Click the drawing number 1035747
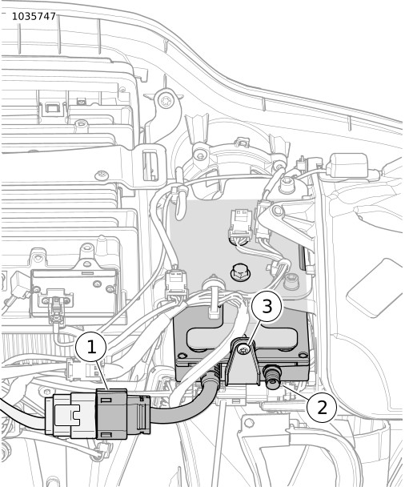pos(34,16)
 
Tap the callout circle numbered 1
pos(91,346)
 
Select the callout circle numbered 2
pos(322,407)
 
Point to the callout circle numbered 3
pos(267,306)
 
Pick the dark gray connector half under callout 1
pos(112,413)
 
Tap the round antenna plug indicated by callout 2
pos(272,376)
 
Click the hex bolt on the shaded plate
pos(240,272)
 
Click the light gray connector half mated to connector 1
pos(70,415)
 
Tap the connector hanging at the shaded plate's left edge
pos(176,284)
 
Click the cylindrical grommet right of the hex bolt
pos(291,280)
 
